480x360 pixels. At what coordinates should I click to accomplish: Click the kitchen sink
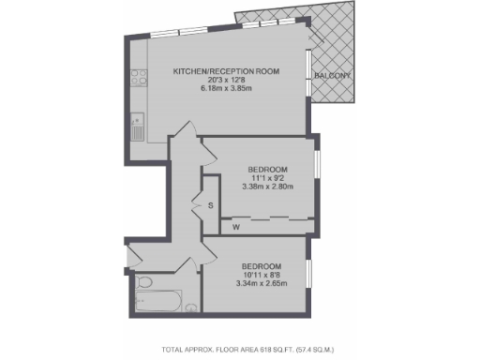click(137, 127)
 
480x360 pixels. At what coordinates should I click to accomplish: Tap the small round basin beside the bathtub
click(192, 305)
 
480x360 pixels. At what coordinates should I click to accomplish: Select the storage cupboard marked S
click(210, 204)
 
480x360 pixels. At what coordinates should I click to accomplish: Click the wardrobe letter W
click(235, 226)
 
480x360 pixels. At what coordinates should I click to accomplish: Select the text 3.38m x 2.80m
click(267, 187)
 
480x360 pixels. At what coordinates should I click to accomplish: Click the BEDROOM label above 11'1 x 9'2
click(267, 168)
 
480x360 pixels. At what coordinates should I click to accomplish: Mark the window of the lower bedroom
click(309, 276)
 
